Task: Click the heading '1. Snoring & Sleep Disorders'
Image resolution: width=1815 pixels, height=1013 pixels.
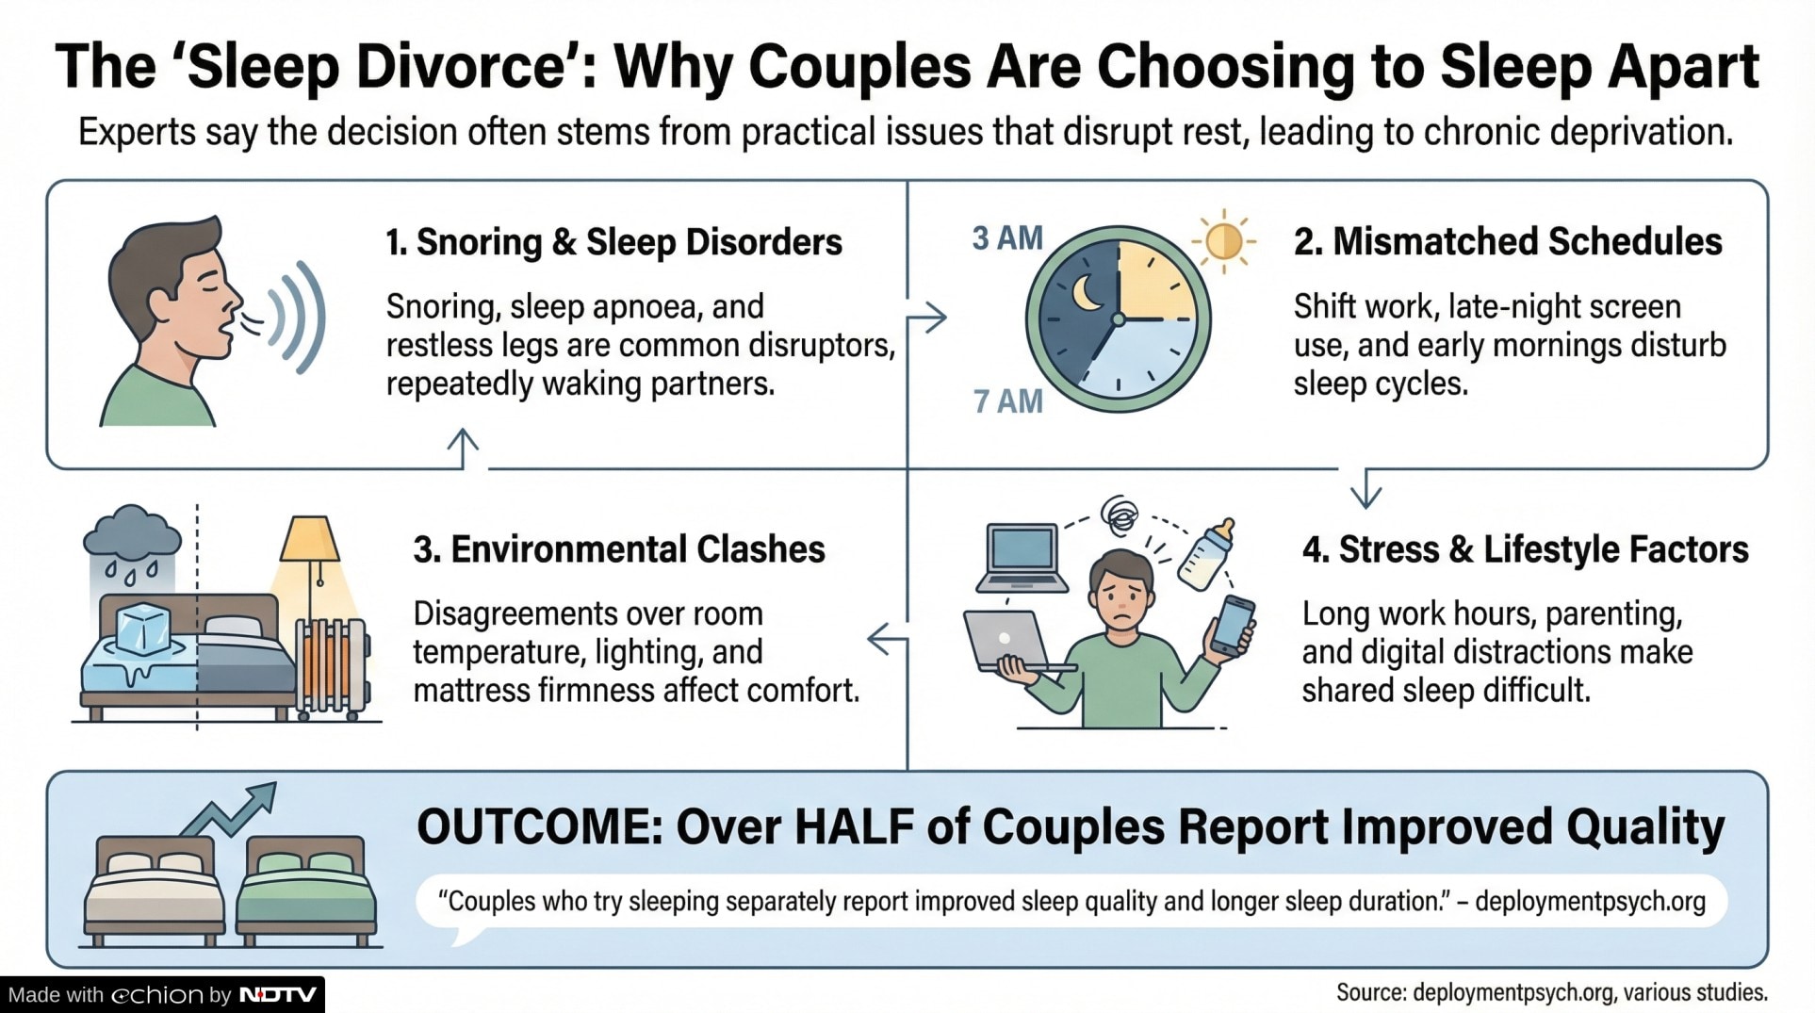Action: (x=613, y=242)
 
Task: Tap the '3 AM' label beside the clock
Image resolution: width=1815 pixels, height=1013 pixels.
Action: (x=1007, y=238)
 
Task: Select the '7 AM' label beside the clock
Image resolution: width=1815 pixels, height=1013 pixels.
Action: (x=1007, y=401)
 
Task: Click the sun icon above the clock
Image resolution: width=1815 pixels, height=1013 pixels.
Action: (x=1223, y=241)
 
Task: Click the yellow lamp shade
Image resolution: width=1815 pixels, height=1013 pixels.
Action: (x=309, y=538)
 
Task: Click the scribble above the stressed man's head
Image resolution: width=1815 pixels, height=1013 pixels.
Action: (x=1120, y=515)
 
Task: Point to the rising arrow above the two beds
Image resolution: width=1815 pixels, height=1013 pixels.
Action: (x=228, y=809)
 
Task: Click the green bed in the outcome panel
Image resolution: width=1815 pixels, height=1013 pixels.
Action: (x=306, y=890)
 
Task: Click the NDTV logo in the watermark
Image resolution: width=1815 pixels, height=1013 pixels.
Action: (x=278, y=995)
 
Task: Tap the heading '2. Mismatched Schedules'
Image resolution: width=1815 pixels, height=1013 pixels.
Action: (x=1508, y=242)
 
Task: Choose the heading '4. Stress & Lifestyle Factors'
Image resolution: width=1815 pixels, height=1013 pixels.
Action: (x=1525, y=549)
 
